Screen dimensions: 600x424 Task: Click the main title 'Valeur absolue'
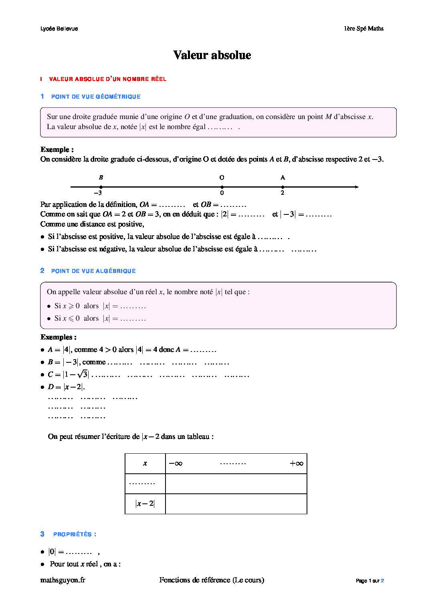pyautogui.click(x=212, y=55)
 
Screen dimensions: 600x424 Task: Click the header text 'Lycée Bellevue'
pyautogui.click(x=59, y=28)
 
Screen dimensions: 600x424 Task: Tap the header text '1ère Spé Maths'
pyautogui.click(x=363, y=28)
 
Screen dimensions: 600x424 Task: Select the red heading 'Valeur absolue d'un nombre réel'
pyautogui.click(x=107, y=79)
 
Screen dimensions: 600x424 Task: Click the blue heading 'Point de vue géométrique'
pyautogui.click(x=96, y=97)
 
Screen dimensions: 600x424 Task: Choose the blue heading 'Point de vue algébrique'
pyautogui.click(x=93, y=271)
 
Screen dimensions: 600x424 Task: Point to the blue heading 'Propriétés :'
pyautogui.click(x=75, y=534)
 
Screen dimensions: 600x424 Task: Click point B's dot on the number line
pyautogui.click(x=101, y=187)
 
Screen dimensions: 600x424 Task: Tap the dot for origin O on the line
pyautogui.click(x=222, y=187)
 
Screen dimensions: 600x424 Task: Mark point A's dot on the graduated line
pyautogui.click(x=283, y=187)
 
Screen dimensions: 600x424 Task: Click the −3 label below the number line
pyautogui.click(x=97, y=193)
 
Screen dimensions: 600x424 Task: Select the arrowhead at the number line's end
pyautogui.click(x=356, y=187)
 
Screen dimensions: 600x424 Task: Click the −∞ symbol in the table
pyautogui.click(x=176, y=464)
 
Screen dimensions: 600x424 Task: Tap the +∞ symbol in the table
pyautogui.click(x=297, y=464)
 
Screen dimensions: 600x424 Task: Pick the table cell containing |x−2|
pyautogui.click(x=145, y=504)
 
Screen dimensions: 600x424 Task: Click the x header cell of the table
pyautogui.click(x=145, y=464)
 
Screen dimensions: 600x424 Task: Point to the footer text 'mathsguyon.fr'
pyautogui.click(x=63, y=580)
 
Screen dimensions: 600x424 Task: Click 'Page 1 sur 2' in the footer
pyautogui.click(x=370, y=581)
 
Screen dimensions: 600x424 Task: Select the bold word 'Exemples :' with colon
pyautogui.click(x=59, y=337)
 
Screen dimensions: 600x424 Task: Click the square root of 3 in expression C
pyautogui.click(x=83, y=374)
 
